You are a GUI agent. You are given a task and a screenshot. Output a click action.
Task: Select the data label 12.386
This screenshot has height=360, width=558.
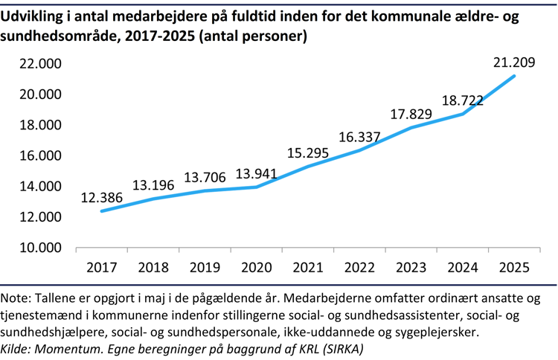point(103,198)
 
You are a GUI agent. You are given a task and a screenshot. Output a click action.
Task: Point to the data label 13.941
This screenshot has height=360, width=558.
point(257,175)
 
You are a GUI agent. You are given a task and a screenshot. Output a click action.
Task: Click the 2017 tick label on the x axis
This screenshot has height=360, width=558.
point(102,268)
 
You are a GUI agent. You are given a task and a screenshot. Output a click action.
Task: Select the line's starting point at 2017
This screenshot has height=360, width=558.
point(102,211)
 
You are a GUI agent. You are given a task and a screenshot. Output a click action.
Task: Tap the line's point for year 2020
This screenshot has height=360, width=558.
point(257,187)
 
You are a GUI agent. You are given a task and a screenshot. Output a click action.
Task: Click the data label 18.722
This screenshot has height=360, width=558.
point(463,100)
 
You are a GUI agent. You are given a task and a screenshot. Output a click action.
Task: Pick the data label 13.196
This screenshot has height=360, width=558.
point(154,185)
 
